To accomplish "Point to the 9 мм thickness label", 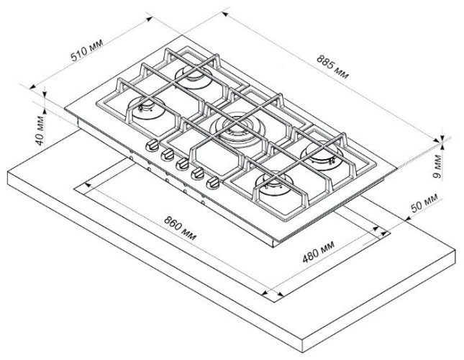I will point(447,167).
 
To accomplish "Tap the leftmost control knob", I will point(152,146).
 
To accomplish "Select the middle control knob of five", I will point(181,164).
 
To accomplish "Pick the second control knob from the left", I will point(166,155).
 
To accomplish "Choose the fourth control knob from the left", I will point(196,174).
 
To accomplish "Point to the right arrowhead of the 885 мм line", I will point(441,138).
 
